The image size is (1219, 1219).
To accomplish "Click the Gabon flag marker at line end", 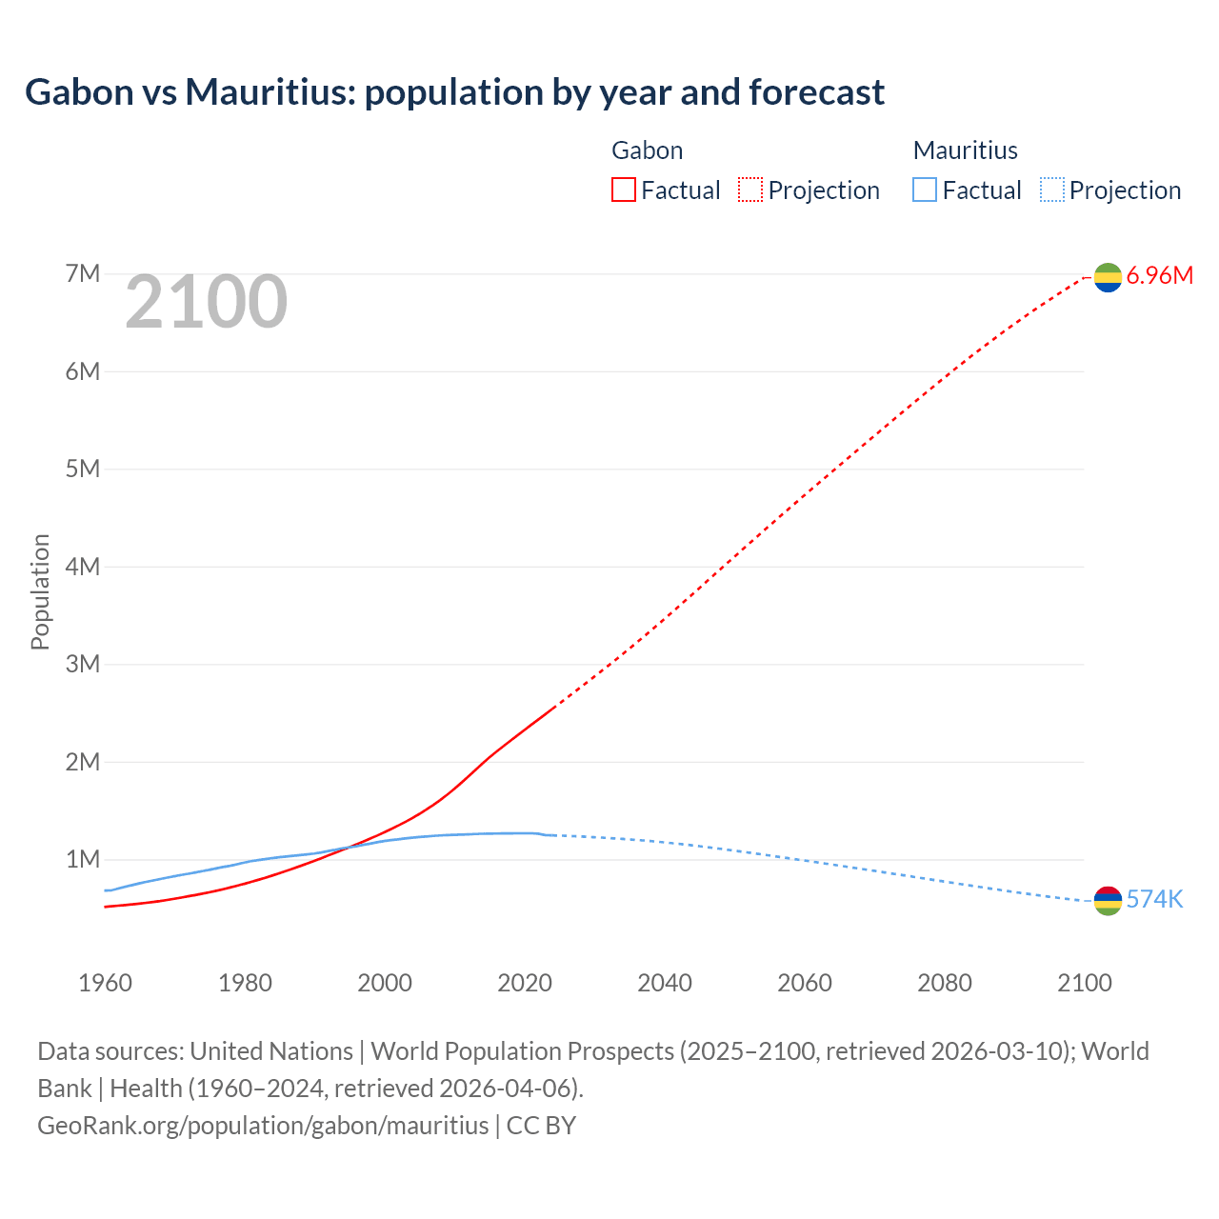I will (1108, 277).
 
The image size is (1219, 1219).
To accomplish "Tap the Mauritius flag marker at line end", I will (1108, 901).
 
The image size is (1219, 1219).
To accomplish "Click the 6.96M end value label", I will (1159, 276).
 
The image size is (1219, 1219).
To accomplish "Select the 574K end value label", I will (1154, 900).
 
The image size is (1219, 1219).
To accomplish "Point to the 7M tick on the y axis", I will (83, 274).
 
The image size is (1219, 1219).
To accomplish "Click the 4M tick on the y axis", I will (83, 567).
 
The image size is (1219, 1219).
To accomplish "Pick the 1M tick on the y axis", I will (83, 860).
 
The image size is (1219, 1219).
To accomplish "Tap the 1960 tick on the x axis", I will (105, 983).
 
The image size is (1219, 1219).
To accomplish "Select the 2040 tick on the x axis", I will (665, 983).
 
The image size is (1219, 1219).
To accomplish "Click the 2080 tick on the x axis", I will (945, 983).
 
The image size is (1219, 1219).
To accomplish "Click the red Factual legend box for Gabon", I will (624, 190).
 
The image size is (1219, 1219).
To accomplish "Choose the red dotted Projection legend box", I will (750, 190).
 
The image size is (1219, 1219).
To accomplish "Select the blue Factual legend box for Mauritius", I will (925, 190).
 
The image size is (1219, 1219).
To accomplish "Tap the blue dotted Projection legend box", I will (1051, 190).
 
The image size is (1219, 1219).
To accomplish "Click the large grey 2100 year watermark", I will (206, 302).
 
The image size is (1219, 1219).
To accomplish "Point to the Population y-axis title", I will (40, 591).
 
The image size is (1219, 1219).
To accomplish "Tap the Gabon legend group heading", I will (647, 150).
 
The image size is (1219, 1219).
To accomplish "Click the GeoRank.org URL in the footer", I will (263, 1125).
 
